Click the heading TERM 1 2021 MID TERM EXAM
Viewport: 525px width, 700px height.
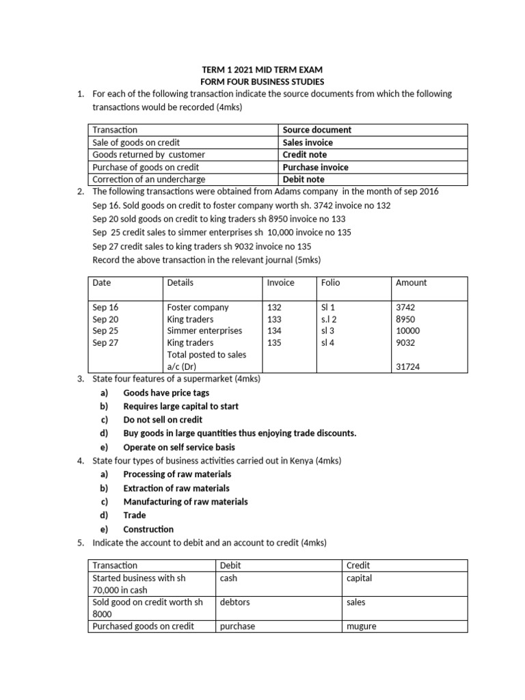click(262, 69)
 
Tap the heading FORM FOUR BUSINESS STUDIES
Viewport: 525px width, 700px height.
click(262, 81)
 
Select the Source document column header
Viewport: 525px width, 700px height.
click(317, 130)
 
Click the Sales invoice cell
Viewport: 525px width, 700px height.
click(308, 142)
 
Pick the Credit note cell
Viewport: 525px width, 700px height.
click(305, 154)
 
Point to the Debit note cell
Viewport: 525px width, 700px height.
click(304, 179)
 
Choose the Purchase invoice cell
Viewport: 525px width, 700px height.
click(315, 167)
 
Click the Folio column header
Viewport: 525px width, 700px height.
click(330, 282)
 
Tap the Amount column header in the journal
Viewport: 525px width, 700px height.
click(411, 282)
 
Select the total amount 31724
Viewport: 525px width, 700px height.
click(408, 366)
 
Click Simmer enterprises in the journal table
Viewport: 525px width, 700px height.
click(204, 331)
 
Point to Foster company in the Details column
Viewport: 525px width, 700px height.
click(198, 307)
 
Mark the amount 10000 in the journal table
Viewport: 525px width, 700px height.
click(408, 331)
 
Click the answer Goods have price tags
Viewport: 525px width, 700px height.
click(166, 393)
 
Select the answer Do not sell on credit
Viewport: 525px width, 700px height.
click(163, 420)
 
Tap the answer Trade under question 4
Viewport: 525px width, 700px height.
click(135, 515)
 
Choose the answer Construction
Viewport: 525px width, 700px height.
click(148, 529)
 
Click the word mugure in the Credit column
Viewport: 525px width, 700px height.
click(362, 626)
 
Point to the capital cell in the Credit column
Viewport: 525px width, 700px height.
click(360, 578)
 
